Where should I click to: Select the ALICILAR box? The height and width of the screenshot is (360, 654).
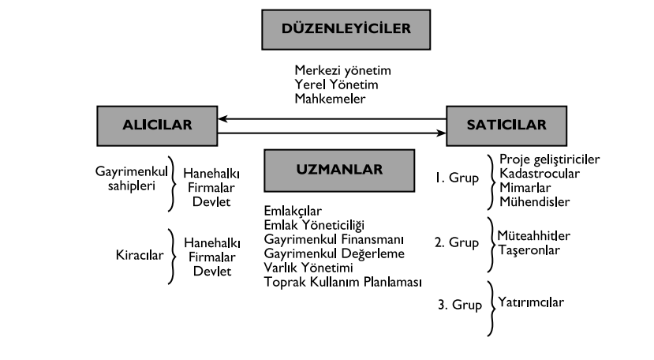coord(158,126)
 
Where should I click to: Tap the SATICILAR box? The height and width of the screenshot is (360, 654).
coord(495,126)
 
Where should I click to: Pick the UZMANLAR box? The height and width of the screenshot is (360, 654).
coord(329,169)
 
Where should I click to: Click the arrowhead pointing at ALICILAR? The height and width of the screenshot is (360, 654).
coord(224,119)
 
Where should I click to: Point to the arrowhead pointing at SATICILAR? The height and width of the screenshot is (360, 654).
coord(441,133)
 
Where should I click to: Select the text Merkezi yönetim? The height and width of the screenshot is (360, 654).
coord(343,71)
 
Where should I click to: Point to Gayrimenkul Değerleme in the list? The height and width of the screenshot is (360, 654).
coord(335,253)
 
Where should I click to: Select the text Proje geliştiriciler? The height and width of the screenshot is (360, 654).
coord(550,159)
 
